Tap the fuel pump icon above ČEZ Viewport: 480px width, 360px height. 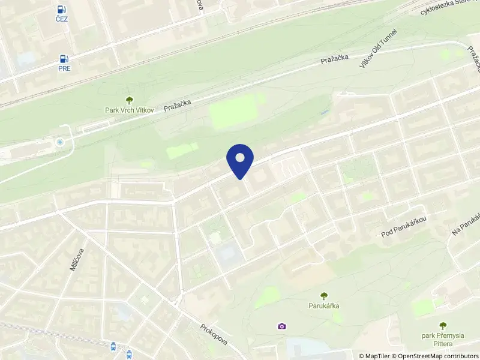[x=62, y=9]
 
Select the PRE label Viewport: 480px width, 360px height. [x=64, y=68]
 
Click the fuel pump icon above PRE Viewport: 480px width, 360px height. [x=64, y=58]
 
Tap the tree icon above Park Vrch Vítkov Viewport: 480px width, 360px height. [x=128, y=100]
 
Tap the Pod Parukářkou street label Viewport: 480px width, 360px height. [x=403, y=227]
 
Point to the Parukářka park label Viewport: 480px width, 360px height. [x=324, y=305]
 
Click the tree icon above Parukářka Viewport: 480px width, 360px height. [x=324, y=295]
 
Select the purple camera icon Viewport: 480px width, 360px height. [x=281, y=326]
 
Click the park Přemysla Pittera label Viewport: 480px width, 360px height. [x=443, y=340]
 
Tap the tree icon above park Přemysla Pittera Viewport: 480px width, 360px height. [x=443, y=326]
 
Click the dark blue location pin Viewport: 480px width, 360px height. [x=240, y=160]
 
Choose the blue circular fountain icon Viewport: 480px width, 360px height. [x=59, y=142]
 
